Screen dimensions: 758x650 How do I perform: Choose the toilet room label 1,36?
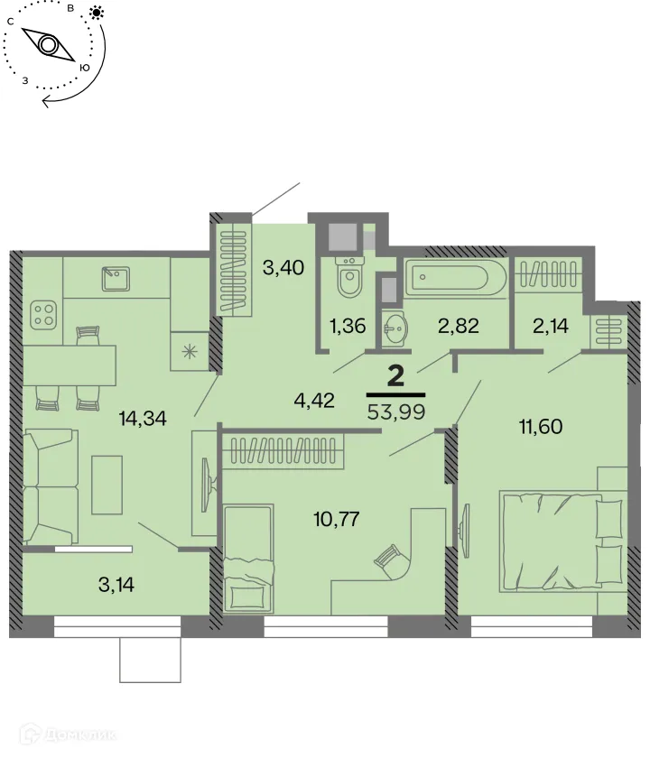[x=348, y=327]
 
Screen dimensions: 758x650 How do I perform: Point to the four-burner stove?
[x=43, y=314]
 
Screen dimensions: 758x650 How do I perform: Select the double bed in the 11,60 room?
[x=560, y=540]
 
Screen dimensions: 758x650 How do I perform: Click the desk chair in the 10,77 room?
[x=390, y=561]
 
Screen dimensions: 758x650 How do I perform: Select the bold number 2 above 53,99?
[x=395, y=376]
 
